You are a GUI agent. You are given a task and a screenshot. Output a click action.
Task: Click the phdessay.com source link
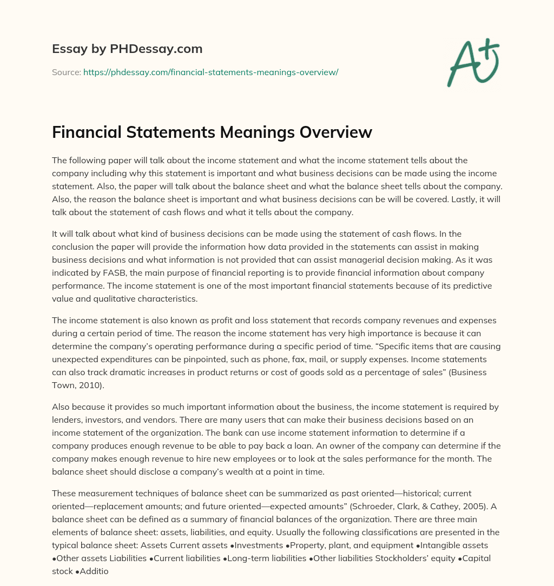click(210, 72)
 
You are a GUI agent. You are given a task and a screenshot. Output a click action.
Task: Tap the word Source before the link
click(65, 72)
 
